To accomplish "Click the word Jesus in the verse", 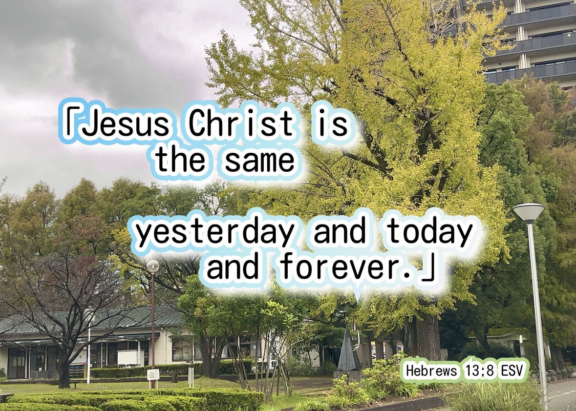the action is click(x=125, y=123).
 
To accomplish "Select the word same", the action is click(x=260, y=161).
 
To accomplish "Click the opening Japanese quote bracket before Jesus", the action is click(x=70, y=119).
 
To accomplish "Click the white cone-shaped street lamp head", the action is click(x=528, y=213).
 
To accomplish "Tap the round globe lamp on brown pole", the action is click(x=153, y=266).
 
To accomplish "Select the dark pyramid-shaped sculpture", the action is click(x=348, y=348).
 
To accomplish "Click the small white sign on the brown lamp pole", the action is click(x=153, y=374).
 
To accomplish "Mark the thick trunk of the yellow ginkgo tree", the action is click(x=426, y=336).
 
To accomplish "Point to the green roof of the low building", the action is click(x=92, y=319).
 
